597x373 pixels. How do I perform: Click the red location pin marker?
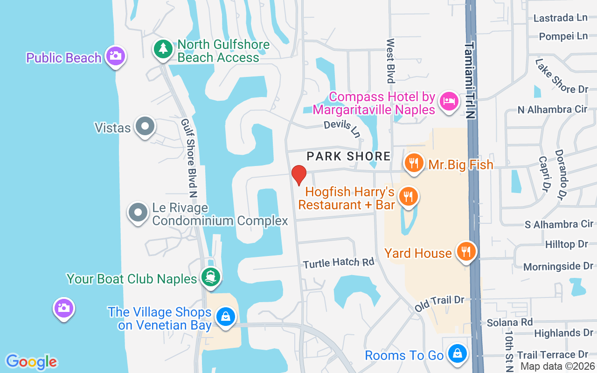(x=299, y=175)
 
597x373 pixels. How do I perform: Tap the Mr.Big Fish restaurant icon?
(x=413, y=163)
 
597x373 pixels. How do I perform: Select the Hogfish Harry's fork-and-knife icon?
(x=409, y=196)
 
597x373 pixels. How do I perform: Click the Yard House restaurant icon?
(x=465, y=252)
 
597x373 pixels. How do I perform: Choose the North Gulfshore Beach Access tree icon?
(x=163, y=48)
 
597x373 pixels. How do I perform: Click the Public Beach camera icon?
(x=115, y=56)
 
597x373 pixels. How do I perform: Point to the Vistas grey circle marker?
(x=145, y=126)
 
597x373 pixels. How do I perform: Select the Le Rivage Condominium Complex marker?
(x=138, y=213)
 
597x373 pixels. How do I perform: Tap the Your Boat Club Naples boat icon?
(x=210, y=277)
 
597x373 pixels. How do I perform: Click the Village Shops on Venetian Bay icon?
(x=226, y=317)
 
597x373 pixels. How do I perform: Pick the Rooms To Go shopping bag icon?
(x=457, y=353)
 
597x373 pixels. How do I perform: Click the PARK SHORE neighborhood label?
(x=348, y=156)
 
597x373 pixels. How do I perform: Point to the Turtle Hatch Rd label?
(x=339, y=263)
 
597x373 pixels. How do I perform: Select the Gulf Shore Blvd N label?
(x=188, y=158)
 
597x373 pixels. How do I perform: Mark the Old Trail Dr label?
(x=440, y=304)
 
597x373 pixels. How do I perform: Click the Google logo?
(x=31, y=362)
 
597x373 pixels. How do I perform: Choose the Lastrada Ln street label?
(x=560, y=18)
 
